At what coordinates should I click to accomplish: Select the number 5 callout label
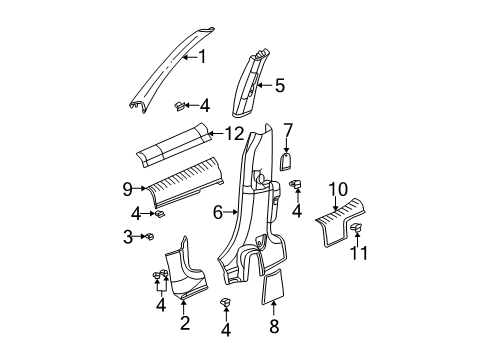tap(279, 86)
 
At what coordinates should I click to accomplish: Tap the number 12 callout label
tap(233, 134)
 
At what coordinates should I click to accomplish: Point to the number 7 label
tap(287, 130)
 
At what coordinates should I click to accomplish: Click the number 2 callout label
tap(183, 323)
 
